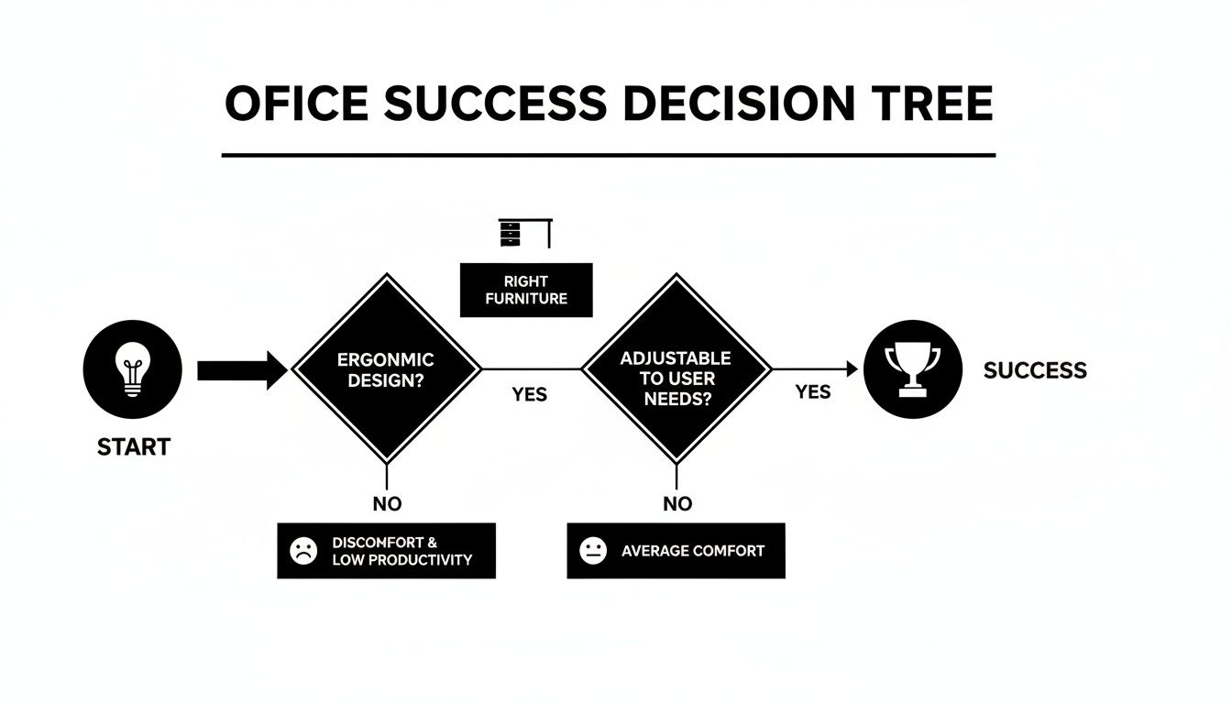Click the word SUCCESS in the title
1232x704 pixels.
[494, 104]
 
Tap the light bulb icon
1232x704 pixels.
[133, 369]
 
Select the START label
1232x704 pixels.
[133, 447]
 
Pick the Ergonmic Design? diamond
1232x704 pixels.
[386, 369]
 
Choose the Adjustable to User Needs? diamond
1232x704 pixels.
[676, 369]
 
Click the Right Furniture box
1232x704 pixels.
[526, 290]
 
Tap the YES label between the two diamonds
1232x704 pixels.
[529, 394]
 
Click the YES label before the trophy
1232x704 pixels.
[812, 392]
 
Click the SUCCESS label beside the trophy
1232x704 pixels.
[1035, 370]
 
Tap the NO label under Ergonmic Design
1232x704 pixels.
[387, 503]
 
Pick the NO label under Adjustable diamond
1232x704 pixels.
[676, 503]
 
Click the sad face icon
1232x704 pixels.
[303, 551]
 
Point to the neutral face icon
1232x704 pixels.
[593, 551]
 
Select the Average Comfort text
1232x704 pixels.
[692, 551]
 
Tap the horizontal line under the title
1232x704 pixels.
[608, 155]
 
